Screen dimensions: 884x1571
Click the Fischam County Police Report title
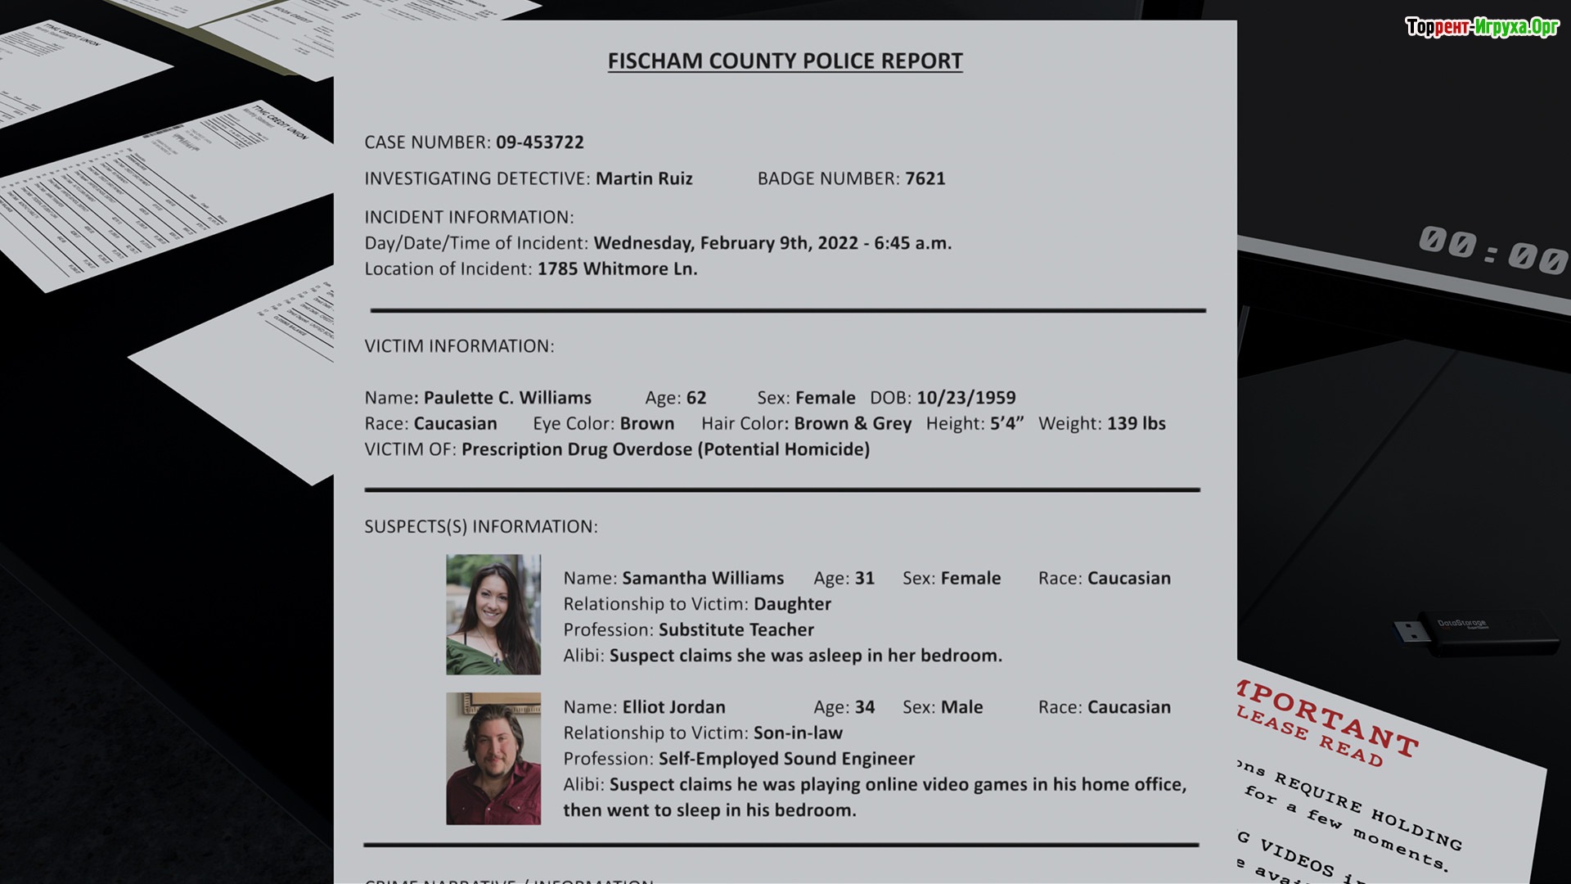tap(785, 61)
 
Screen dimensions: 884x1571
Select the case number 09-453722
tap(539, 142)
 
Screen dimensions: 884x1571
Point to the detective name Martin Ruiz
tap(644, 178)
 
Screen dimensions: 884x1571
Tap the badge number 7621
tap(925, 178)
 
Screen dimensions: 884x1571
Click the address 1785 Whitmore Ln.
tap(617, 269)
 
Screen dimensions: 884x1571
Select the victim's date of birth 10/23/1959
tap(966, 398)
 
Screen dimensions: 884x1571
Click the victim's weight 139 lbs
tap(1136, 424)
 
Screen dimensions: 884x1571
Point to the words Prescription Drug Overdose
tap(577, 449)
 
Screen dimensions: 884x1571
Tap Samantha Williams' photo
tap(493, 615)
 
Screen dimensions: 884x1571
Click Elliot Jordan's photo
tap(493, 758)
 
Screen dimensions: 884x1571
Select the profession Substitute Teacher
tap(736, 630)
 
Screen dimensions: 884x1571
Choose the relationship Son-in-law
tap(798, 733)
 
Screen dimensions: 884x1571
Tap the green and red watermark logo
tap(1482, 27)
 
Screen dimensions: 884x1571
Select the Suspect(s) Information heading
tap(481, 527)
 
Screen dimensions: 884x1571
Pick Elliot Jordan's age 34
tap(864, 707)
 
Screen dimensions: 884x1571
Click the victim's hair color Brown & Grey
tap(852, 424)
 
